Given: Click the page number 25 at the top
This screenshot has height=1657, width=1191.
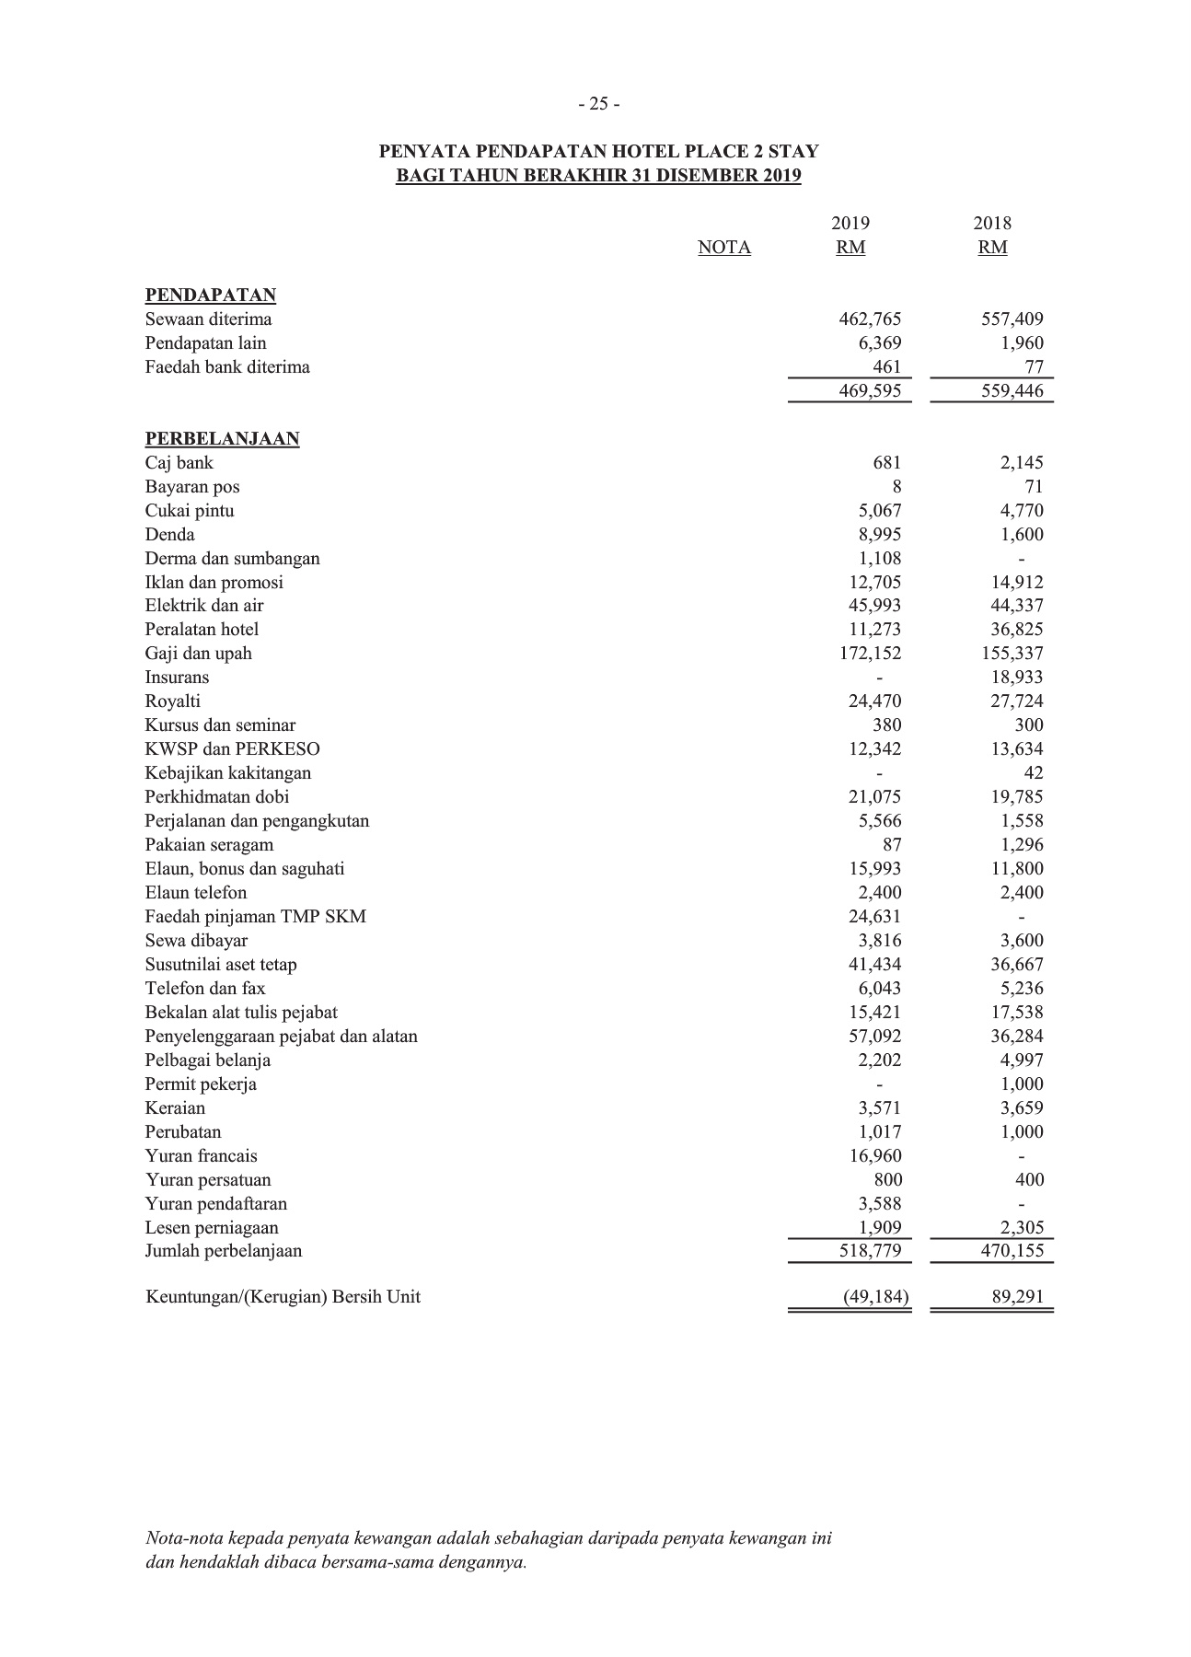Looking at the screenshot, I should [x=599, y=104].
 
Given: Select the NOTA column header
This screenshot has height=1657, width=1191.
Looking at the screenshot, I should [x=724, y=248].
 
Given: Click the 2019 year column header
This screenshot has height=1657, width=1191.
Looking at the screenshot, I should [x=850, y=224].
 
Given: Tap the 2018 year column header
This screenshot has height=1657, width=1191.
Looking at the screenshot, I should [x=992, y=224].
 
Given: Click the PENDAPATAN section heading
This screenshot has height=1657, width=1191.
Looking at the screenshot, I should [x=211, y=295].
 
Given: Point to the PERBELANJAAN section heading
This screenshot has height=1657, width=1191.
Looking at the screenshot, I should [x=222, y=439].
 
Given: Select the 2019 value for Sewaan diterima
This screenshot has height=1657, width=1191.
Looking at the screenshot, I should [x=870, y=319].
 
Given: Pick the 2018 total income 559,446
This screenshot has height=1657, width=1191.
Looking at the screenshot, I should [x=1012, y=391].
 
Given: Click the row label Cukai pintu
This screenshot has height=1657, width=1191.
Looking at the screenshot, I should [x=190, y=511].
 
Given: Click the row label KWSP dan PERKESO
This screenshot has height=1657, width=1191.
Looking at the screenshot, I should [x=233, y=749].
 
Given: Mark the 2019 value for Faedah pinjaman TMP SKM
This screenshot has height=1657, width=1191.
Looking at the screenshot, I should [x=874, y=917].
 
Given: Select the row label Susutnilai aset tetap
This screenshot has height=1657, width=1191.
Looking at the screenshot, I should [x=221, y=965].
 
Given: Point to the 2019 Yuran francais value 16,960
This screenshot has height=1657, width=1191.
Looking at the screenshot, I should [x=874, y=1156].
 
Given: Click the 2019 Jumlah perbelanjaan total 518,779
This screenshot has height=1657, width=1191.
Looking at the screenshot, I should [x=870, y=1251].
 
